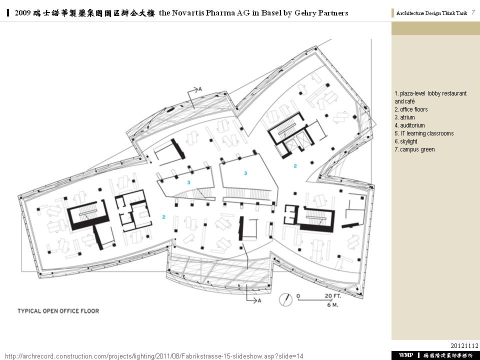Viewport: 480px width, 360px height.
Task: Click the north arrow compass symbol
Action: [x=285, y=299]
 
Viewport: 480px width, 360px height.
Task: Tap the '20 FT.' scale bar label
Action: [x=333, y=296]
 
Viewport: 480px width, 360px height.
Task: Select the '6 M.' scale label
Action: [x=332, y=305]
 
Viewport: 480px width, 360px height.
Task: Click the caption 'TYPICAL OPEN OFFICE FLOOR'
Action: [x=58, y=311]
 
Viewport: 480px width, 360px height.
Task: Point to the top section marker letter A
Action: [x=200, y=89]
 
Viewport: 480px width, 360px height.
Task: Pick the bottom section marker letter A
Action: [x=259, y=300]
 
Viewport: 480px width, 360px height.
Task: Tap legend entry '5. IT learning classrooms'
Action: [x=424, y=133]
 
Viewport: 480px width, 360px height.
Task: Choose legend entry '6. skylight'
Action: [x=406, y=141]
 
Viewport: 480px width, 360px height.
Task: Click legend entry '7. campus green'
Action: [x=414, y=149]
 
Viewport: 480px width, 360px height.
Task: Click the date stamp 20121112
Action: [x=464, y=345]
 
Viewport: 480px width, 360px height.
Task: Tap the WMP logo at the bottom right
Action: [x=406, y=355]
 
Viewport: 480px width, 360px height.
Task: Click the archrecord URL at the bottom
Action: [x=154, y=356]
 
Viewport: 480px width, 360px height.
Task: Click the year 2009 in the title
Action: [x=22, y=13]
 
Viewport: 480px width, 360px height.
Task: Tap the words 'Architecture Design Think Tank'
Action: [x=431, y=13]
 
